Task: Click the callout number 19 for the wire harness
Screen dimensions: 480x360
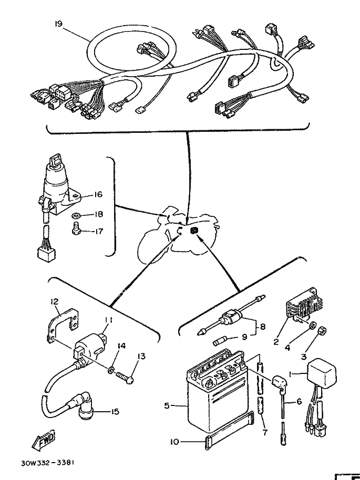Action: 59,23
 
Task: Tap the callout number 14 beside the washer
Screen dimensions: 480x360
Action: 121,346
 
